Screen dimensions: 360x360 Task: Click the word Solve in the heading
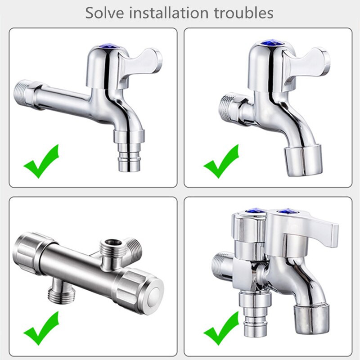104,13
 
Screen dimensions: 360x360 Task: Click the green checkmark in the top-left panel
41,161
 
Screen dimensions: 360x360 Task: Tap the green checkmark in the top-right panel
221,161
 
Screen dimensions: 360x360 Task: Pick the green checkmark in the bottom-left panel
41,328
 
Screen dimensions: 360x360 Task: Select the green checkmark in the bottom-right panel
221,328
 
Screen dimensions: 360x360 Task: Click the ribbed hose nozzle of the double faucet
255,317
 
